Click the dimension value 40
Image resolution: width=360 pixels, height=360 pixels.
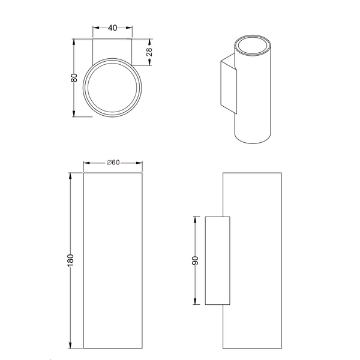pyautogui.click(x=112, y=28)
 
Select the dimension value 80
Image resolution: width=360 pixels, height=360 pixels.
pyautogui.click(x=74, y=78)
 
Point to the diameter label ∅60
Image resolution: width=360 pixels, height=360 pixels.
pyautogui.click(x=113, y=163)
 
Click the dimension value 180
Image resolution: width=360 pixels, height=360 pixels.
pyautogui.click(x=71, y=260)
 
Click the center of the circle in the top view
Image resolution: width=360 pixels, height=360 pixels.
pyautogui.click(x=113, y=90)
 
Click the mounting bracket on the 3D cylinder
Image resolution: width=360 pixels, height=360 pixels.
pyautogui.click(x=228, y=84)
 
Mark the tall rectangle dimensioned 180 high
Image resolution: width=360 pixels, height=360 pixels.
pyautogui.click(x=113, y=260)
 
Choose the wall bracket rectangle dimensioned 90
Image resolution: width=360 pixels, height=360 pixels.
pyautogui.click(x=217, y=260)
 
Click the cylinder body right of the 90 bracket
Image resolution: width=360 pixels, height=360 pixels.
pyautogui.click(x=255, y=260)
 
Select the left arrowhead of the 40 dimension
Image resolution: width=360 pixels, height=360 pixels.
pyautogui.click(x=95, y=28)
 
